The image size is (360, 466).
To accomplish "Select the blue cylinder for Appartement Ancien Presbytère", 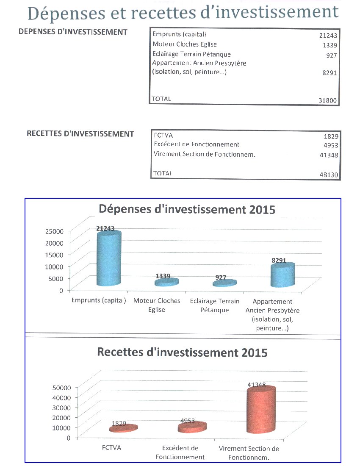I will [x=282, y=275].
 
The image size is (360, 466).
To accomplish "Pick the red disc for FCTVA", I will [x=124, y=428].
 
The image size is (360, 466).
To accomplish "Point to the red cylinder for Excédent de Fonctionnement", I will [x=192, y=427].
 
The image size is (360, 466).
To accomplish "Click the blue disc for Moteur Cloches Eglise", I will [x=166, y=282].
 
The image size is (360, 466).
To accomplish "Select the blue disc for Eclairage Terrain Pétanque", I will [x=225, y=283].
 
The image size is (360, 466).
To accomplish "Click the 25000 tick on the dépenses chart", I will [x=54, y=231].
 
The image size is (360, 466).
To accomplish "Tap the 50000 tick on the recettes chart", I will [x=61, y=387].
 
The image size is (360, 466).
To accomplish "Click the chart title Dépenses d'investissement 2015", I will [x=187, y=209].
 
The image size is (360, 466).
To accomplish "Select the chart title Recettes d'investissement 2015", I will [x=183, y=352].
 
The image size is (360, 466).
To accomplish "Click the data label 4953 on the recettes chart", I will [x=188, y=421].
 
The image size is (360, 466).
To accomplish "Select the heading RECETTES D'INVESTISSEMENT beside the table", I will [x=80, y=134].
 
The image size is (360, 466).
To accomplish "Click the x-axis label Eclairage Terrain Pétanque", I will [x=215, y=305].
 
